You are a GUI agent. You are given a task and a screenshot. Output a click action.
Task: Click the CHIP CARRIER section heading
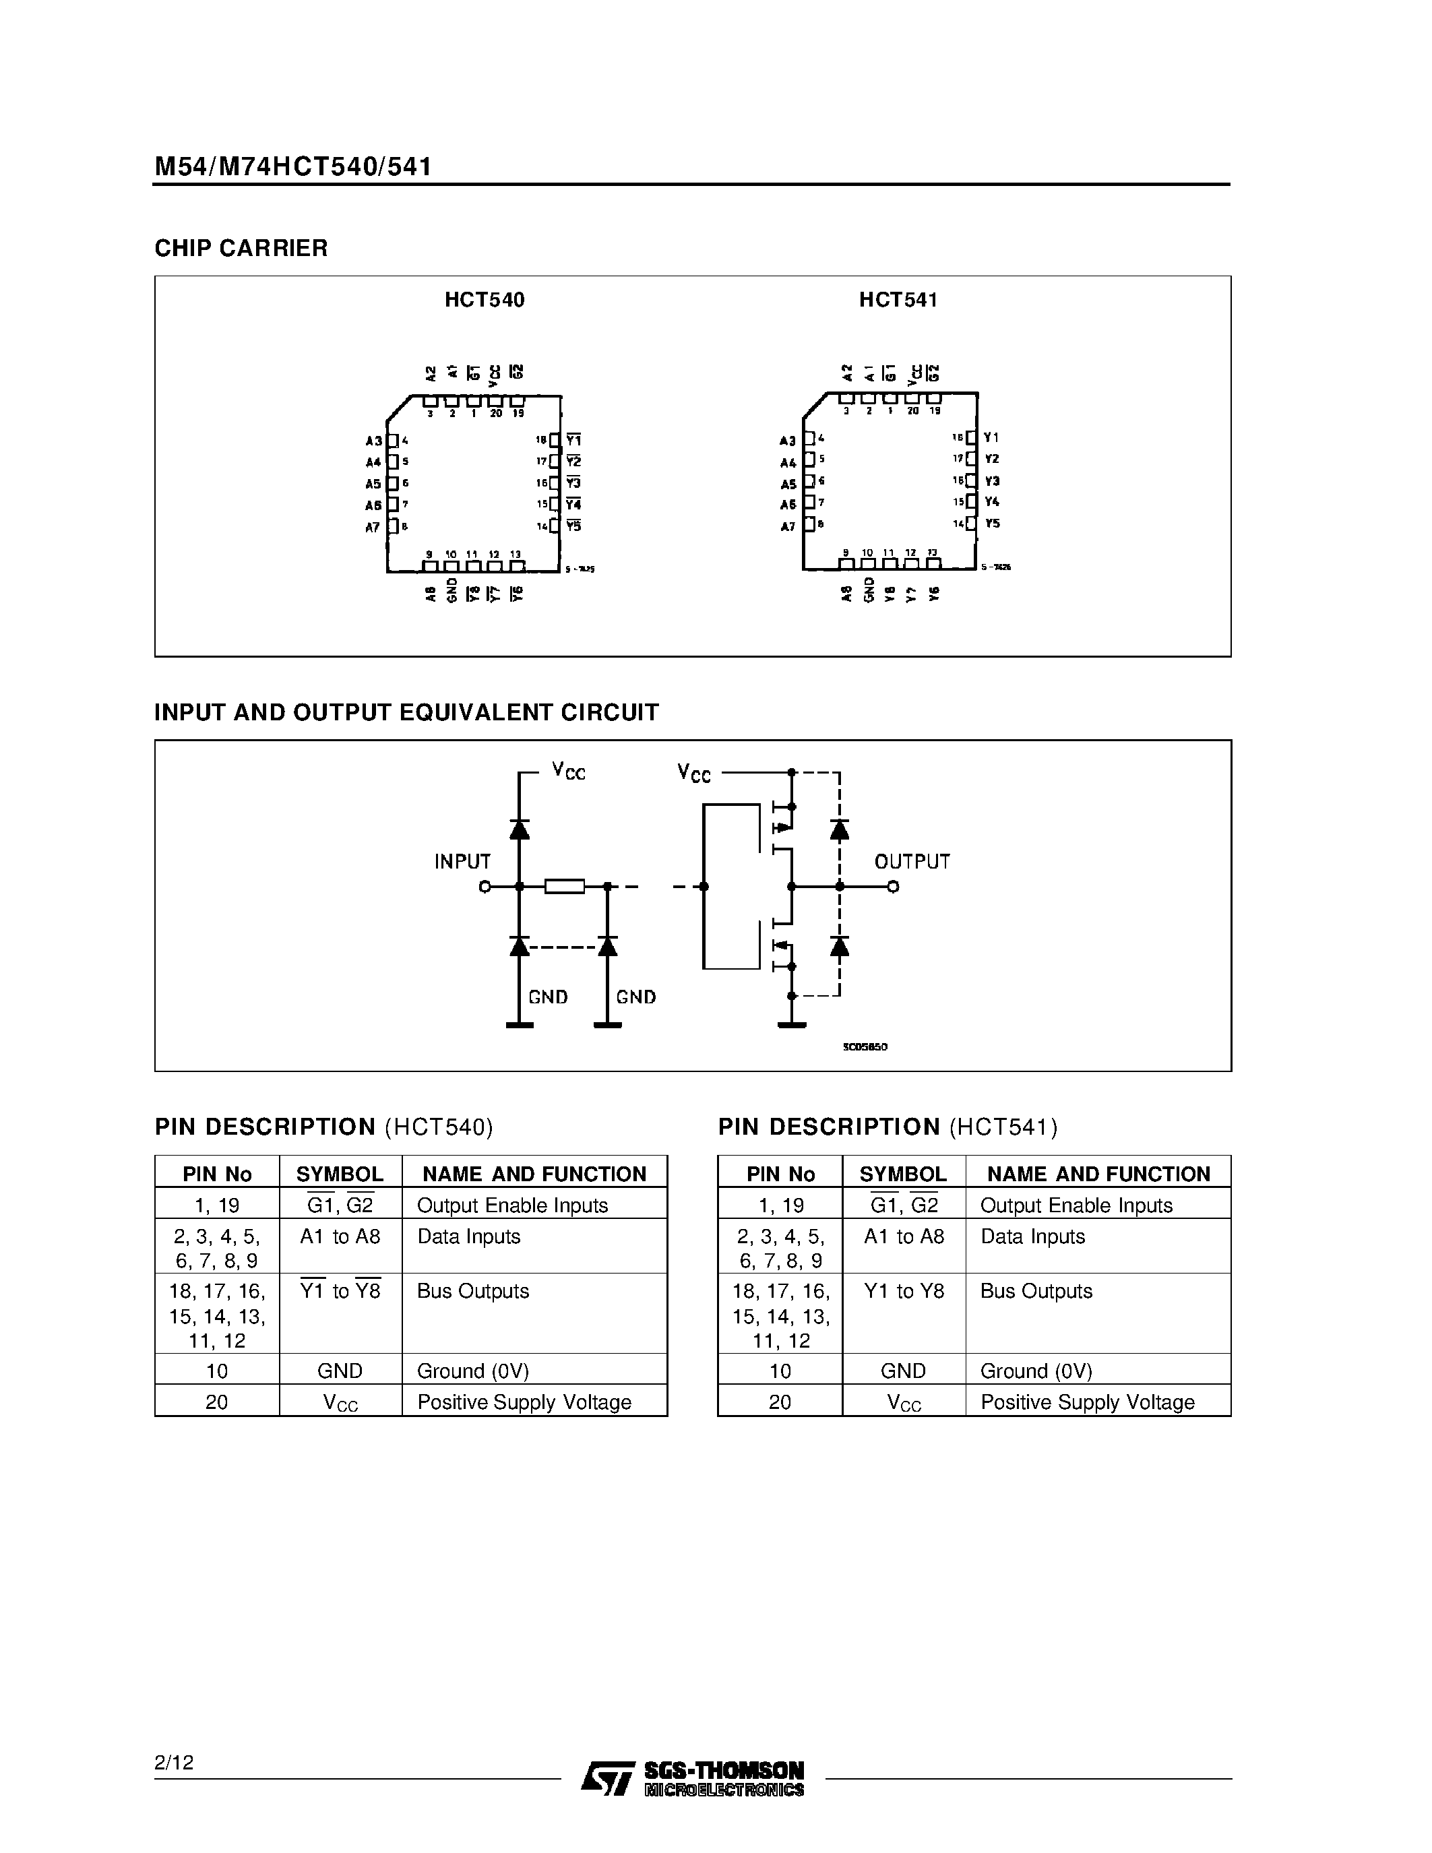pos(241,249)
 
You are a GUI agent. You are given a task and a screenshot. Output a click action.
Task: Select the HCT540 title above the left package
pos(485,301)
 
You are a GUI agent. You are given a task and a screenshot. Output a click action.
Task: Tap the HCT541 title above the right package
pos(898,301)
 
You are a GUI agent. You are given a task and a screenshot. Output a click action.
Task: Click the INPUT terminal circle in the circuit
pos(485,887)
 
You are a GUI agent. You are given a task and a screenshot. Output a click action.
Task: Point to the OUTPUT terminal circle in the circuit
pos(892,887)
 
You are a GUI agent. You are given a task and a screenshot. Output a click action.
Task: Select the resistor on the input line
pos(564,887)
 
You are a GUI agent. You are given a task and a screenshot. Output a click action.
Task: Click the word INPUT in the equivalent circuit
pos(462,862)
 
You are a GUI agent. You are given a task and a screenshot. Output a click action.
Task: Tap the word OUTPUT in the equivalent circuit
pos(912,862)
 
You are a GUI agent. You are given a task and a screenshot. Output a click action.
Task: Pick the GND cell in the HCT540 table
pos(340,1371)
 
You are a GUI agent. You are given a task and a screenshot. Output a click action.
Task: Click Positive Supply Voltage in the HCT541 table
pos(1088,1402)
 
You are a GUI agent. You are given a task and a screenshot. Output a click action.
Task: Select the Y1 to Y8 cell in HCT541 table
pos(904,1291)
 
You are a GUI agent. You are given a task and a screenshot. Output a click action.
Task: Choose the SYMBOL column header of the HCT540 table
pos(340,1174)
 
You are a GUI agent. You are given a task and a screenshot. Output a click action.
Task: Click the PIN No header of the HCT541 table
pos(780,1174)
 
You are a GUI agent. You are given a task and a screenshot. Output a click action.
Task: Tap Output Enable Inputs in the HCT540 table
pos(512,1205)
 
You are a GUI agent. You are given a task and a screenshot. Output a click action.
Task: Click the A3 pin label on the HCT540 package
pos(373,441)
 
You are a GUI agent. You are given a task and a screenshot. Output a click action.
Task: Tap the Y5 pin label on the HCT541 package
pos(993,524)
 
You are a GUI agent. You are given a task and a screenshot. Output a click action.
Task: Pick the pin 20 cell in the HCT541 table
pos(780,1402)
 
